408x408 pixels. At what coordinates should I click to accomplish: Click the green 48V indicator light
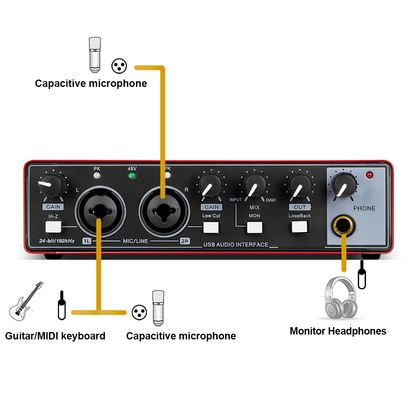click(x=131, y=176)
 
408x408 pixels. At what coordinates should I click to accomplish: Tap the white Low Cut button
click(x=211, y=227)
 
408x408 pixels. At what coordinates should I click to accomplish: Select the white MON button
click(x=254, y=227)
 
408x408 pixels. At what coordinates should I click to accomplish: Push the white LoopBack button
click(x=299, y=227)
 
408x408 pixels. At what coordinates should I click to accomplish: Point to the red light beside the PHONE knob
click(x=370, y=175)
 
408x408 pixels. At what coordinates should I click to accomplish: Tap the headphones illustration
click(x=338, y=297)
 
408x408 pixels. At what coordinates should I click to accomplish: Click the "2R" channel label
click(x=185, y=241)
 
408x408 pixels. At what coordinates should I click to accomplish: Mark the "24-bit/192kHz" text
click(x=57, y=240)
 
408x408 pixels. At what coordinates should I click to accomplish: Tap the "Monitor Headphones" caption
click(x=338, y=331)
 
